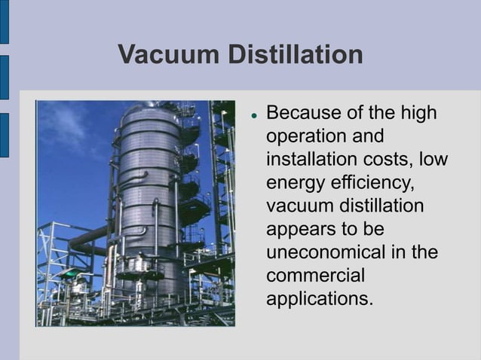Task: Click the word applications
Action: coord(320,298)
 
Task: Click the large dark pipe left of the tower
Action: coord(87,241)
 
